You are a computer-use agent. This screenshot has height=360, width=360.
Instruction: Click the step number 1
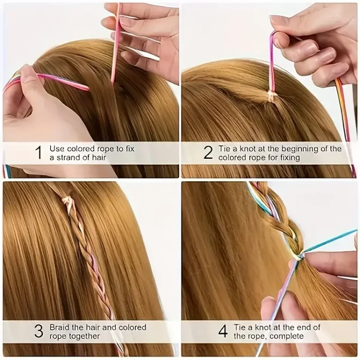coord(39,153)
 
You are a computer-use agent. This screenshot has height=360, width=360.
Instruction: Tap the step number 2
coord(208,153)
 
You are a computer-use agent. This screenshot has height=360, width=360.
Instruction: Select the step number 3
coord(38,331)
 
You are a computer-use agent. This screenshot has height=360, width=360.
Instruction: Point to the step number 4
coord(223,331)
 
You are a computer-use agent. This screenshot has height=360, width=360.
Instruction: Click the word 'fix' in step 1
coord(130,148)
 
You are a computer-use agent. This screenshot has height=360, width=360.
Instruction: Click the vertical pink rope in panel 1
coord(116,44)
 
